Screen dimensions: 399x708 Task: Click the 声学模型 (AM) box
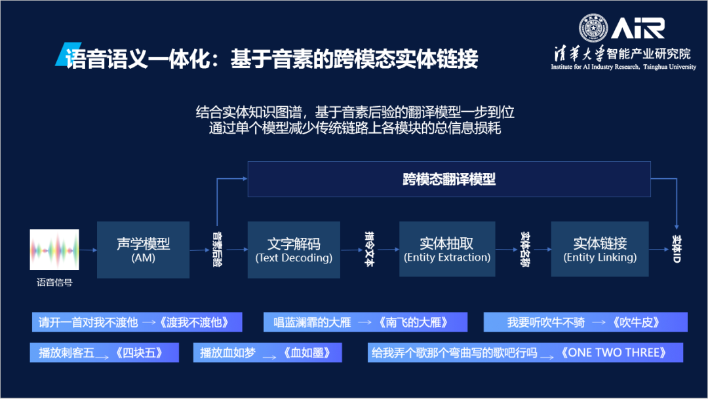point(143,250)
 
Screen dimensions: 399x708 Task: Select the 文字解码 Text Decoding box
point(294,250)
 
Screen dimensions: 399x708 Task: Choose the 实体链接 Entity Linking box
point(600,250)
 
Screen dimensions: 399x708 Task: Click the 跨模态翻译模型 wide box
point(449,179)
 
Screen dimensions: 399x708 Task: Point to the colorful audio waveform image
point(54,250)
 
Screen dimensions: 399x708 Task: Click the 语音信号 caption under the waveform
point(54,283)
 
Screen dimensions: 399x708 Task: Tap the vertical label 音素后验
point(217,250)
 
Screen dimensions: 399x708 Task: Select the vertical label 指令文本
point(368,250)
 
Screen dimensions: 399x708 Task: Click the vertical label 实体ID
point(677,250)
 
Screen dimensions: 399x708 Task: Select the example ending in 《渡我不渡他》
point(137,322)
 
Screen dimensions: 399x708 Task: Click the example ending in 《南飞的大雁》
point(366,322)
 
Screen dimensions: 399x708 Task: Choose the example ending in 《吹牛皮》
point(585,322)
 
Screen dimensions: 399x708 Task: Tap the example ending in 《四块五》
point(104,352)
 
